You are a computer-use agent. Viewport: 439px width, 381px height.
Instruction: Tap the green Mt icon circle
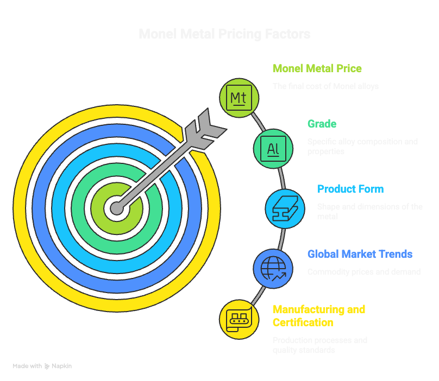[239, 98]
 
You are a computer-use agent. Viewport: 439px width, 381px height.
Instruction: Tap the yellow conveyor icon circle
[239, 319]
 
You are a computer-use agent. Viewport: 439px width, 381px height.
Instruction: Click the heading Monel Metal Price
[317, 69]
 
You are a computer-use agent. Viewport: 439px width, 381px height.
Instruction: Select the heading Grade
[322, 124]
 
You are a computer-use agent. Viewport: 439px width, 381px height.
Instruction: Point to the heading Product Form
[350, 189]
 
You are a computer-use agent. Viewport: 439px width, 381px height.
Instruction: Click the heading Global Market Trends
[360, 254]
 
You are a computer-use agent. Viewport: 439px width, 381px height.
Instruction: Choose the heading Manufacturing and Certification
[319, 316]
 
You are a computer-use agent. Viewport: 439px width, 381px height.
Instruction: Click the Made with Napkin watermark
[42, 366]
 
